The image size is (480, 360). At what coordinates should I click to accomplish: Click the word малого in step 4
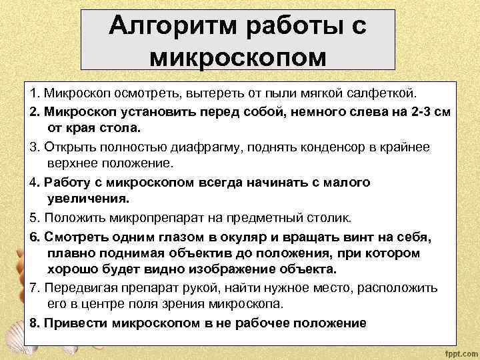point(348,181)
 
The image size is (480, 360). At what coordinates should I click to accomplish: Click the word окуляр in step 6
point(245,236)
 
